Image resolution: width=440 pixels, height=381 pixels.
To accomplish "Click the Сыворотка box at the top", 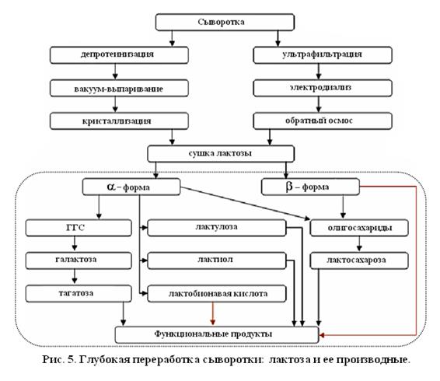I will pyautogui.click(x=218, y=21).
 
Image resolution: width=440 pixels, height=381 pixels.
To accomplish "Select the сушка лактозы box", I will pyautogui.click(x=217, y=153).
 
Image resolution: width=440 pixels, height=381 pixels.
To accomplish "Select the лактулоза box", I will pyautogui.click(x=216, y=228).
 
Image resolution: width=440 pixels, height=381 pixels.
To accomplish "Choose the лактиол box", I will pyautogui.click(x=216, y=260).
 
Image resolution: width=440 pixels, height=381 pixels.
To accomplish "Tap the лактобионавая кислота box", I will pyautogui.click(x=216, y=293).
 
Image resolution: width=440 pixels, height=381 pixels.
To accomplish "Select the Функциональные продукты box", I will pyautogui.click(x=217, y=334).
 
